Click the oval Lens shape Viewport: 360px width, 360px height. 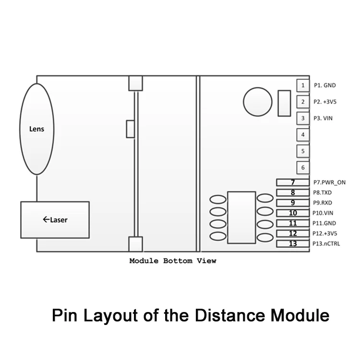pos(37,129)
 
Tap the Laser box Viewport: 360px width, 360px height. pos(55,220)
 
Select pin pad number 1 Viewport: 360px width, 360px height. pos(303,85)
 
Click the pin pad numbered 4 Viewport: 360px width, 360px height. pos(303,135)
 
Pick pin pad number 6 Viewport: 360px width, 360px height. pos(303,168)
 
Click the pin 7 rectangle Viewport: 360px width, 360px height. pos(293,182)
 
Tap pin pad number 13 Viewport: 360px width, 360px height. pos(293,244)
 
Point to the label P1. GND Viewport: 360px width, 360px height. pos(325,85)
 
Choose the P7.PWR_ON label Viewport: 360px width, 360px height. pos(329,182)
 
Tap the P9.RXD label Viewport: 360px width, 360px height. pos(323,203)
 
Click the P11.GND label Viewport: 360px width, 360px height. pos(324,223)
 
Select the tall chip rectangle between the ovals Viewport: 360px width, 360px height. pos(241,217)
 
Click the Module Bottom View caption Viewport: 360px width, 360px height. pos(173,261)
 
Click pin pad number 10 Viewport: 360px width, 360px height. pos(293,213)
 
